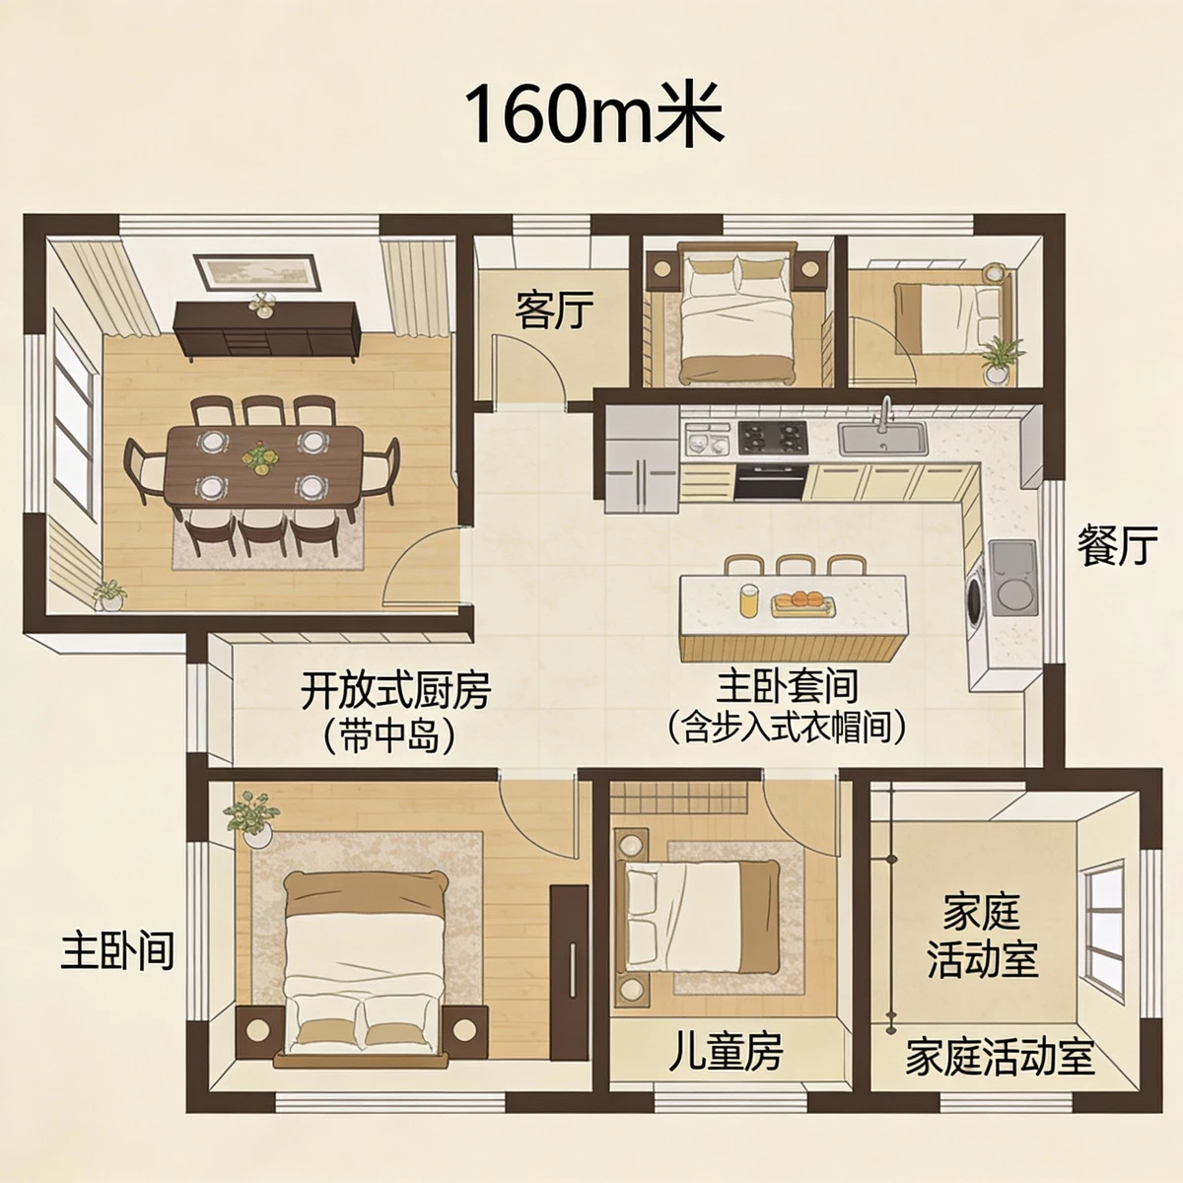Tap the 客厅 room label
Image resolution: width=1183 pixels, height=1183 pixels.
tap(555, 312)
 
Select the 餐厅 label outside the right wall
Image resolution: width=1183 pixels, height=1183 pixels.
tap(1117, 546)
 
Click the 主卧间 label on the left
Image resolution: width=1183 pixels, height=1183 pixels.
tap(118, 951)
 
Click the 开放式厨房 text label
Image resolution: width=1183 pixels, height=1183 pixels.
tap(395, 691)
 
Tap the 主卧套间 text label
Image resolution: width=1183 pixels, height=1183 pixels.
tap(787, 686)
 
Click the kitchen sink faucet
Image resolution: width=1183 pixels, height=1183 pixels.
tap(885, 411)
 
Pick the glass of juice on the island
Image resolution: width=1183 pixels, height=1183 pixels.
tap(750, 600)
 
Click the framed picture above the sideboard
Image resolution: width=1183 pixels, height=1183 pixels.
tap(258, 271)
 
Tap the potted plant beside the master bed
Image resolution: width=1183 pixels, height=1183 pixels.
tap(252, 815)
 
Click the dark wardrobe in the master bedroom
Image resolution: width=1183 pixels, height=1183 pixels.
tap(570, 944)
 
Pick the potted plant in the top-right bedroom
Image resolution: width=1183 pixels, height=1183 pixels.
tap(1000, 359)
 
